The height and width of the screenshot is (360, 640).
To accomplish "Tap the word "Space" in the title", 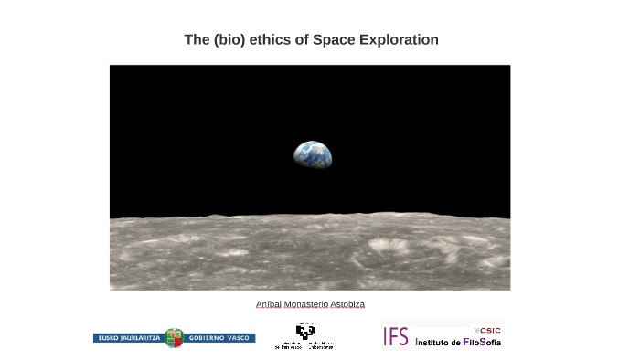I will [333, 40].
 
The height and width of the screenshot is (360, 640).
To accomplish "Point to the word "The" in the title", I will [197, 40].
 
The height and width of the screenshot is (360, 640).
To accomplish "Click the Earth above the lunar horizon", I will [313, 154].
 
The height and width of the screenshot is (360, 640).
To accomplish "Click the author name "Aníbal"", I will [269, 304].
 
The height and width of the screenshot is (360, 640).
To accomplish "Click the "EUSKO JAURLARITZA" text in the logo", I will [128, 338].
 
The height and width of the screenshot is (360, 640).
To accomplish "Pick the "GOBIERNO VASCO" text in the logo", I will [220, 338].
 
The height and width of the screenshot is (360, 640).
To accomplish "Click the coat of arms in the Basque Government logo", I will [174, 337].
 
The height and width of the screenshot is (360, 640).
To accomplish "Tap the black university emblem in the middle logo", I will [304, 333].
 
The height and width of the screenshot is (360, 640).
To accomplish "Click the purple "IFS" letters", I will [396, 336].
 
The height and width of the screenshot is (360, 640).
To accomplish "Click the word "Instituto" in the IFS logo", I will [436, 342].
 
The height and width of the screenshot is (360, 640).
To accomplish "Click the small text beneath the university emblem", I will [304, 346].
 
